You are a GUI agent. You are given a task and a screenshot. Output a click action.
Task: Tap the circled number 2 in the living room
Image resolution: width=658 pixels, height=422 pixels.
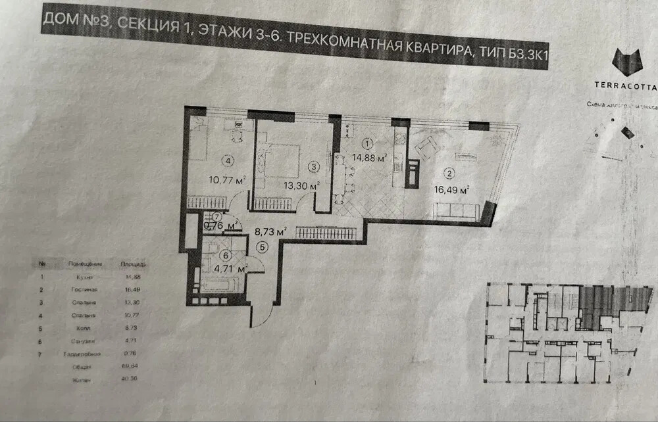[x=449, y=174]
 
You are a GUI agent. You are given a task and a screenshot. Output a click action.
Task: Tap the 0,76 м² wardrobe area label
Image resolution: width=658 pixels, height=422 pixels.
[x=220, y=227]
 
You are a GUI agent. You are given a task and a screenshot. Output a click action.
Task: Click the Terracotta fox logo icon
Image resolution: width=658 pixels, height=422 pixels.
[x=626, y=62]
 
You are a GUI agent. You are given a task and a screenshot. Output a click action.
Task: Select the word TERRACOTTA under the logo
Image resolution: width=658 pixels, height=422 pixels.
[x=626, y=85]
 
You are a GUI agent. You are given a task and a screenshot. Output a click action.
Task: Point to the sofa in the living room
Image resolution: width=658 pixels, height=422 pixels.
[x=457, y=212]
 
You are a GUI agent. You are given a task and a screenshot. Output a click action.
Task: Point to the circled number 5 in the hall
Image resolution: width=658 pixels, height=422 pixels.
[x=263, y=248]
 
